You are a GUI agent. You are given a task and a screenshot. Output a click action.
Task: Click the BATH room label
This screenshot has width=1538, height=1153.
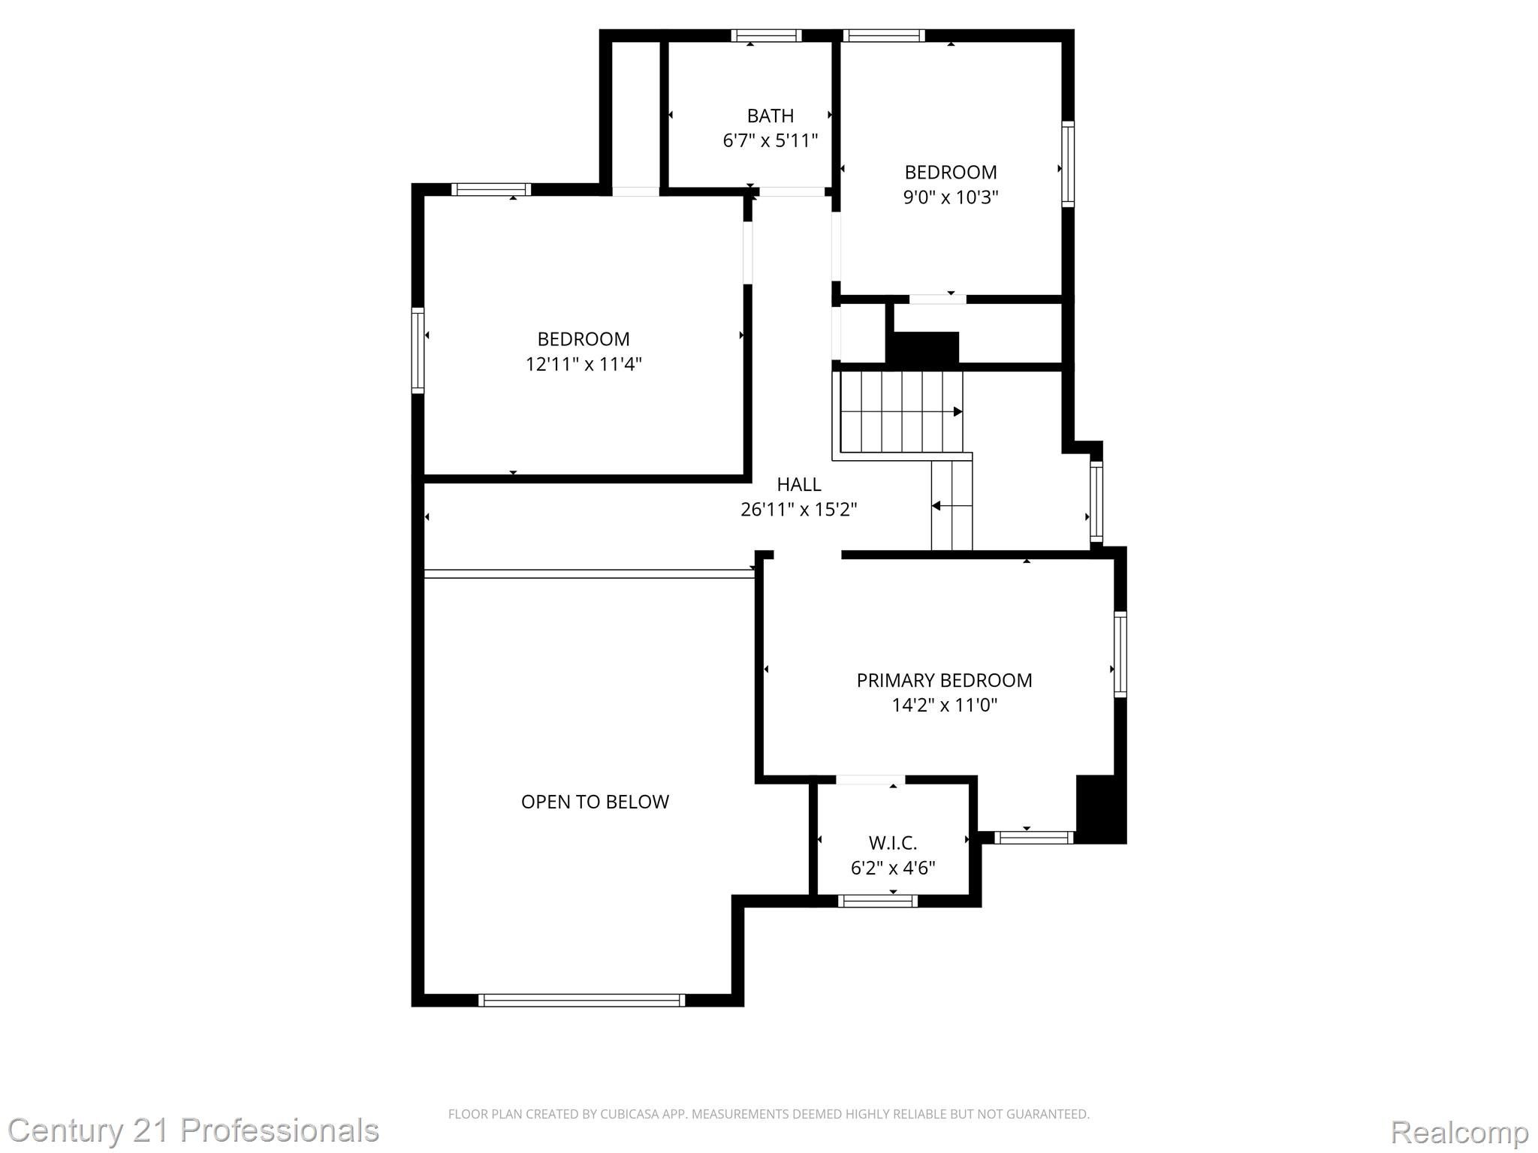pyautogui.click(x=770, y=116)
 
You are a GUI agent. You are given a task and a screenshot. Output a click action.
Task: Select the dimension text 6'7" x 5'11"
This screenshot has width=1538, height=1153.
pyautogui.click(x=770, y=140)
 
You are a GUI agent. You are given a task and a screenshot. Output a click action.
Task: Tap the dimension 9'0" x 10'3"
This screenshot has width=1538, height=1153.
pyautogui.click(x=950, y=197)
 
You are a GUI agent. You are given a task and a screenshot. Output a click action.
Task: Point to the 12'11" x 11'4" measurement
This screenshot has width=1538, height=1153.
pyautogui.click(x=583, y=364)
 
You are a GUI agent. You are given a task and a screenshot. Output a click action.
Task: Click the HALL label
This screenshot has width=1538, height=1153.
pyautogui.click(x=798, y=484)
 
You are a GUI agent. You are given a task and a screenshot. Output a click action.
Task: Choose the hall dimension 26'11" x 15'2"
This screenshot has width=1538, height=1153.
pyautogui.click(x=798, y=510)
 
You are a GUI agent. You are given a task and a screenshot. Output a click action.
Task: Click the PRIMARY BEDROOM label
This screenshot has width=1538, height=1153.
pyautogui.click(x=944, y=680)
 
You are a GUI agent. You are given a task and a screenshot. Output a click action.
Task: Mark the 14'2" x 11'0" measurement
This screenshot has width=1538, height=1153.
pyautogui.click(x=944, y=705)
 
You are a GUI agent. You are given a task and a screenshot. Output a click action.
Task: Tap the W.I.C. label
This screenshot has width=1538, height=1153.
pyautogui.click(x=892, y=843)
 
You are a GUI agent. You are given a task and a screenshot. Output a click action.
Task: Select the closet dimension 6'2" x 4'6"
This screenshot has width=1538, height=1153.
pyautogui.click(x=892, y=869)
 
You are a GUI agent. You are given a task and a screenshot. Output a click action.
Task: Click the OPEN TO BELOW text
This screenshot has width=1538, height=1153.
pyautogui.click(x=595, y=802)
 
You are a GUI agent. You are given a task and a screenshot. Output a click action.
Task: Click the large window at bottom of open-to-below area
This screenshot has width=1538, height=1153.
pyautogui.click(x=582, y=1000)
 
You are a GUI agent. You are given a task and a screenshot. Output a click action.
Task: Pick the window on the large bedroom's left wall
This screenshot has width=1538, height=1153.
pyautogui.click(x=418, y=350)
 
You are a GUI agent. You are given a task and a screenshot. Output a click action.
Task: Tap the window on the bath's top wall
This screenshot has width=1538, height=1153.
pyautogui.click(x=766, y=35)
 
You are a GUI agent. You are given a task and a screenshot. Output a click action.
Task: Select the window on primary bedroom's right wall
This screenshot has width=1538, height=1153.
pyautogui.click(x=1120, y=654)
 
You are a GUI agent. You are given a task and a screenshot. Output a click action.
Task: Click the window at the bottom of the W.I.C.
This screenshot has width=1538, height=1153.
pyautogui.click(x=877, y=901)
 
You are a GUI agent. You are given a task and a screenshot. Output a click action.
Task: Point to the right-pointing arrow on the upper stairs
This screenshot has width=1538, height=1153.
pyautogui.click(x=957, y=411)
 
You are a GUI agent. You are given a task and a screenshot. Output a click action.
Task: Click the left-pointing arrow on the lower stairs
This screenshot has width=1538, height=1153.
pyautogui.click(x=936, y=506)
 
